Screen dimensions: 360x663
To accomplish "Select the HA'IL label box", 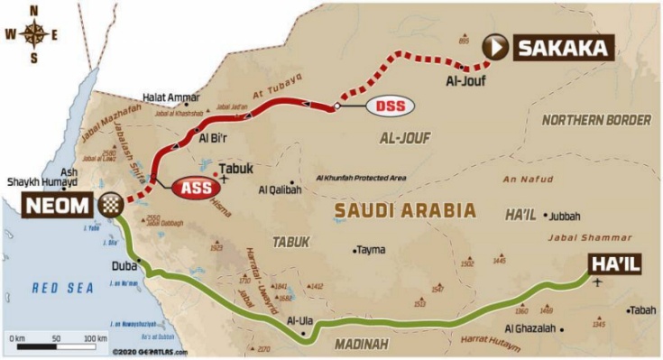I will tap(617, 263).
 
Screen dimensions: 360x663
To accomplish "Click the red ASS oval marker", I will tap(192, 188).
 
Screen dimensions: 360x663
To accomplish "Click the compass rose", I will tap(35, 35).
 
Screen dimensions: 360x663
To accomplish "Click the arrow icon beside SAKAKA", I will tap(495, 48).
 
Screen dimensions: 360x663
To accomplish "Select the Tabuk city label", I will tap(237, 168).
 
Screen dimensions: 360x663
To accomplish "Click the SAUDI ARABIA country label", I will tap(404, 210).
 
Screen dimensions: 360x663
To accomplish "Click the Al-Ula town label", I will tap(299, 320).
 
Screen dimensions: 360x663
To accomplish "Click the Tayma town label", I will tap(373, 250).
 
